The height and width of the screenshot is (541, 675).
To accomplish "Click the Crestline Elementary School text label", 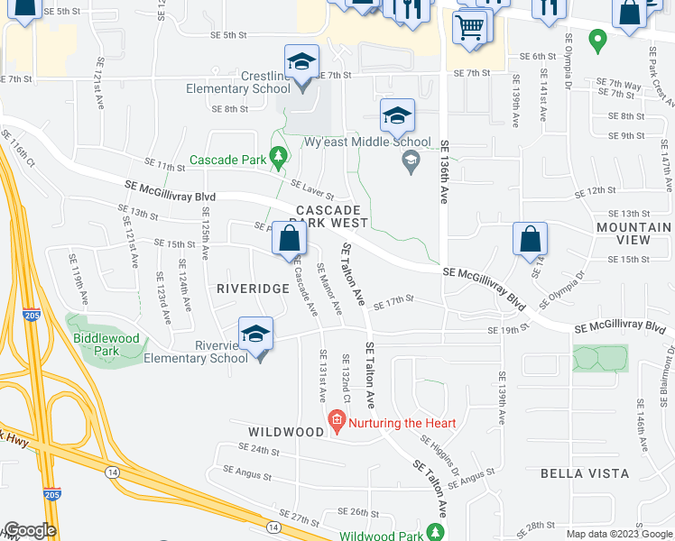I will (238, 82).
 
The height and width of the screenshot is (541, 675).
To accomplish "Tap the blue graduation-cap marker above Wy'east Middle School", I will (396, 115).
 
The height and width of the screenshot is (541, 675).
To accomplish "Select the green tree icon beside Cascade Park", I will (279, 159).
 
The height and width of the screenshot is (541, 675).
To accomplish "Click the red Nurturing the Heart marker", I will (337, 420).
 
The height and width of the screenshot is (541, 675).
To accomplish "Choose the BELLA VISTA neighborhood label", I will (584, 473).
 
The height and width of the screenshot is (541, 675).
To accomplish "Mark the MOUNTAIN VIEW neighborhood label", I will (634, 234).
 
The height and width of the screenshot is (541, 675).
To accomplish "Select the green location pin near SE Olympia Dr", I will (596, 40).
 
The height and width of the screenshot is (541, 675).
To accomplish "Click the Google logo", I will (30, 530).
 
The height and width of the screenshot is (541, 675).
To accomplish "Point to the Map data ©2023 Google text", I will (618, 534).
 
